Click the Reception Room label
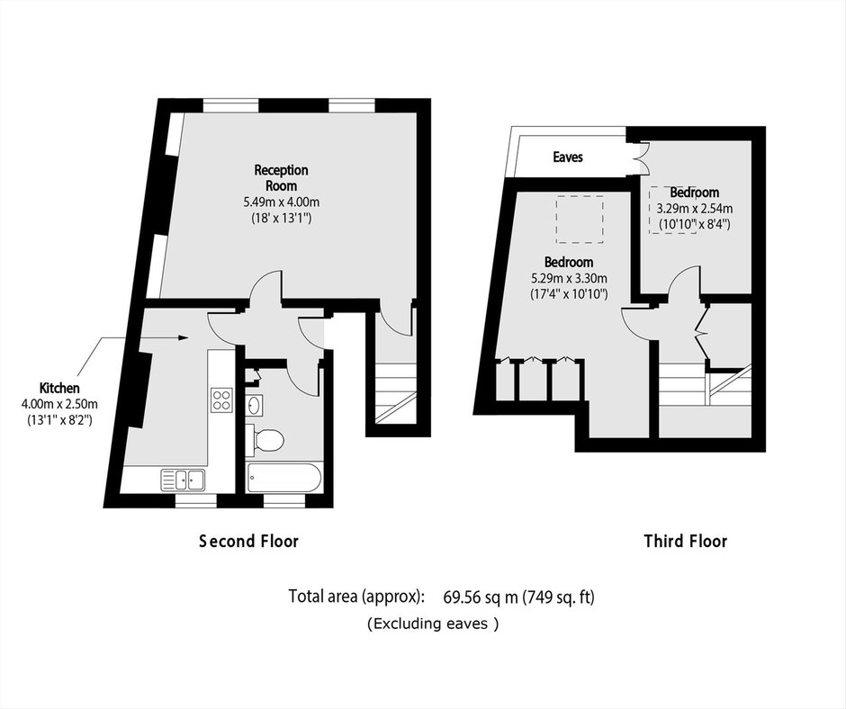(x=281, y=178)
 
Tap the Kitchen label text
(x=59, y=388)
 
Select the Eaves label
(x=568, y=157)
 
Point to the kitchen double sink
(x=183, y=480)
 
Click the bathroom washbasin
(x=254, y=405)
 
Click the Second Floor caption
(x=248, y=541)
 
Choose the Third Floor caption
(x=686, y=541)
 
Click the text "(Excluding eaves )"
(x=433, y=624)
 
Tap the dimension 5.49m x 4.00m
(x=281, y=202)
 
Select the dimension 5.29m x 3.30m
(x=569, y=279)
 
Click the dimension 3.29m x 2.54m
(x=695, y=208)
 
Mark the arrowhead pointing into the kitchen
(x=184, y=337)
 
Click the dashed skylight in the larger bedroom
(x=580, y=220)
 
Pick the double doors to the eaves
(x=639, y=157)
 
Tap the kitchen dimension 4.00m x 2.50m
(x=59, y=404)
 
